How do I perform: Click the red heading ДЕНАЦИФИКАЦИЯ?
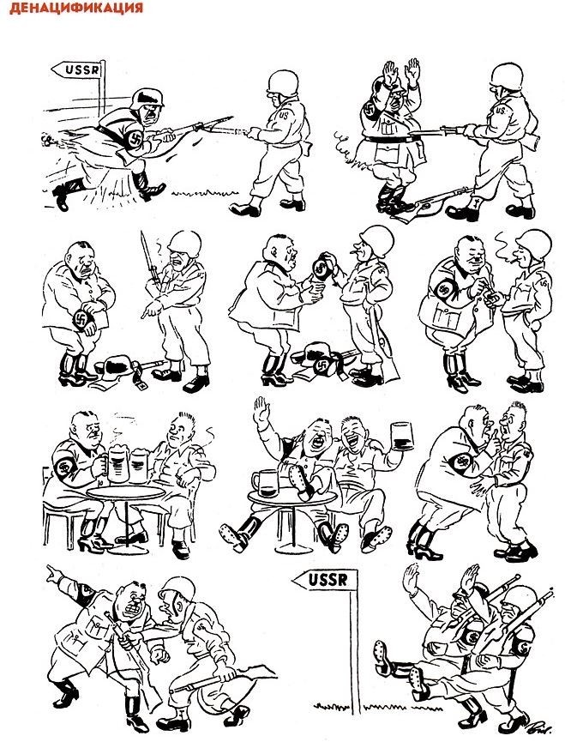(x=76, y=8)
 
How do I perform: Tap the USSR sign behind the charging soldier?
(x=78, y=69)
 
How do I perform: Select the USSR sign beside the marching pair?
(x=325, y=580)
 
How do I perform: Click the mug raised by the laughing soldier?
(x=400, y=437)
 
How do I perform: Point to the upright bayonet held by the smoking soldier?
(x=149, y=261)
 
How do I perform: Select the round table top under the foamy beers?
(x=125, y=492)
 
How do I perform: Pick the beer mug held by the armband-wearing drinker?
(x=117, y=463)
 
